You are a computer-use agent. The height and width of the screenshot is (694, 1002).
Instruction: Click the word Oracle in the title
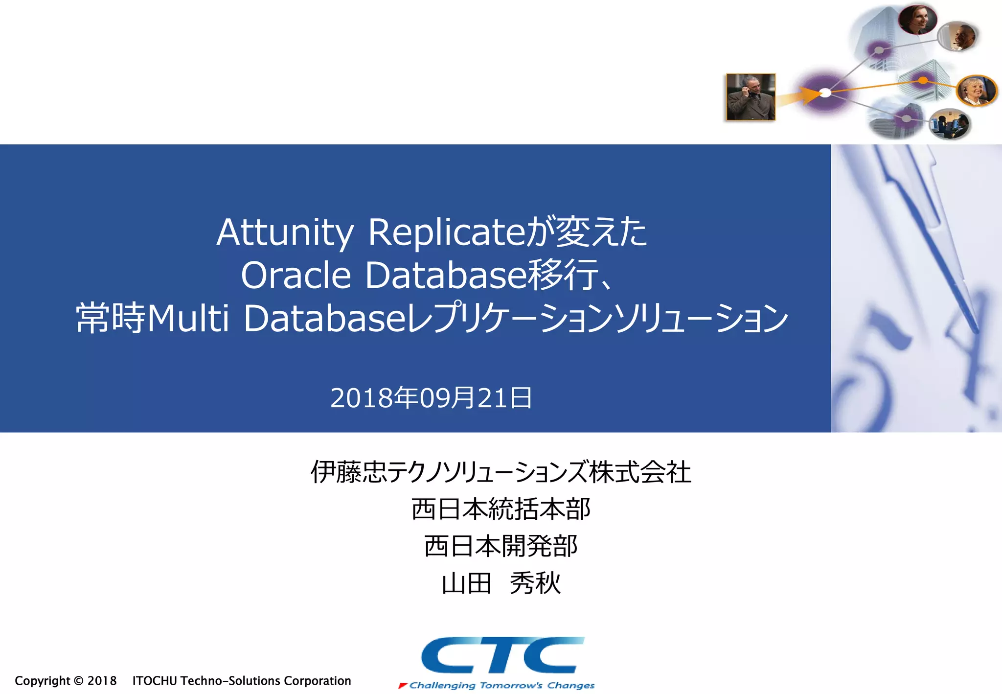(296, 275)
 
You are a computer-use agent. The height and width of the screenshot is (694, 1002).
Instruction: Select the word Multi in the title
(188, 318)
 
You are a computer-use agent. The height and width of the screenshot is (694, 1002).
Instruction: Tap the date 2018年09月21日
(431, 397)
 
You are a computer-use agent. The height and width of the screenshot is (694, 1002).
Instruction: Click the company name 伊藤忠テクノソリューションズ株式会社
(501, 472)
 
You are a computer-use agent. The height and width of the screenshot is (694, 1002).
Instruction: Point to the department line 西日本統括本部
(501, 509)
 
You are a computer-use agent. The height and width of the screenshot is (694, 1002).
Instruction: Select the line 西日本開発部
(501, 546)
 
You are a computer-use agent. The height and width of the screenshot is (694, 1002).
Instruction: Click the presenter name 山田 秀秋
(501, 583)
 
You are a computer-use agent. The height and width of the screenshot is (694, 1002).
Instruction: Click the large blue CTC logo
(502, 655)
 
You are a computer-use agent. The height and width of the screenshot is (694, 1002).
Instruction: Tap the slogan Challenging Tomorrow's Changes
(501, 685)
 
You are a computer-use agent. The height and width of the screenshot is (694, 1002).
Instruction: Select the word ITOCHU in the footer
(155, 681)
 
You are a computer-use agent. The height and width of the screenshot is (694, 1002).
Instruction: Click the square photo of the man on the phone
(751, 97)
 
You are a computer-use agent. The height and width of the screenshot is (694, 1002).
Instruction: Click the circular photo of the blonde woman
(976, 91)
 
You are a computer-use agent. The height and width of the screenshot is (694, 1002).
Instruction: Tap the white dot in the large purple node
(825, 93)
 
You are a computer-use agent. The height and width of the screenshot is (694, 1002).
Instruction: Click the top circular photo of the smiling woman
(917, 20)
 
